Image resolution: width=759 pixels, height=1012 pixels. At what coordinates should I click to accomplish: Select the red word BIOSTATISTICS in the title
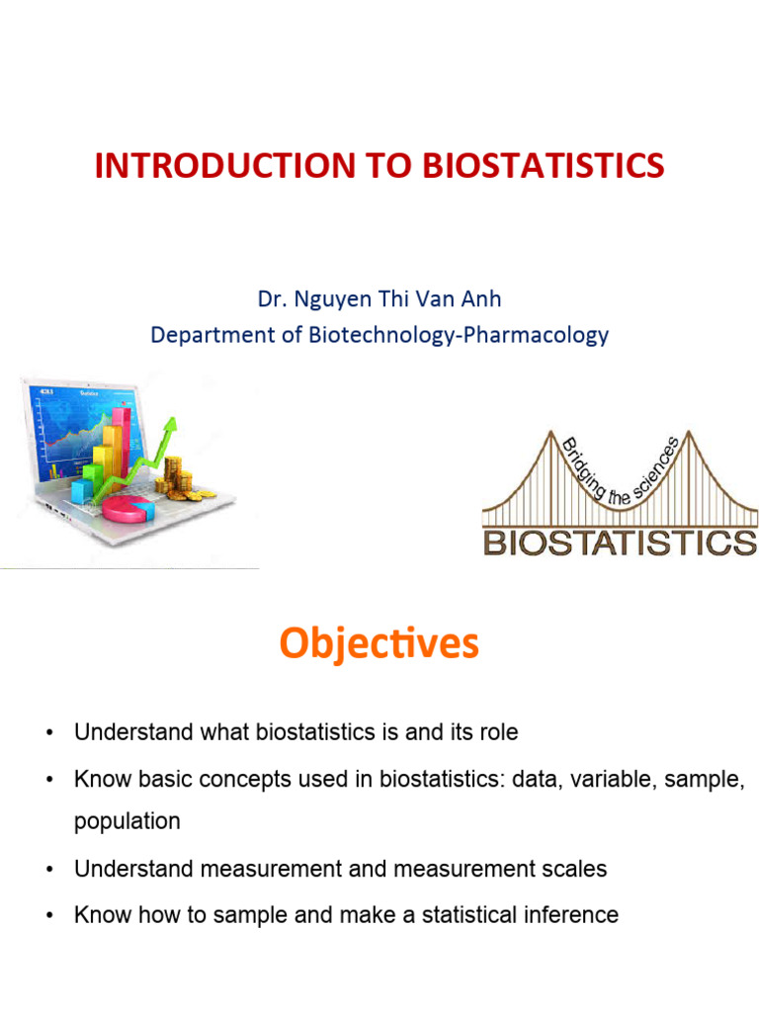pyautogui.click(x=543, y=166)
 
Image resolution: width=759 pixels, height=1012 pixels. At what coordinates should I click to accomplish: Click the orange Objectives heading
pyautogui.click(x=379, y=643)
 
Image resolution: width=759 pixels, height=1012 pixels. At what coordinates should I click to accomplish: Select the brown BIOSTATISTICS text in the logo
pyautogui.click(x=620, y=542)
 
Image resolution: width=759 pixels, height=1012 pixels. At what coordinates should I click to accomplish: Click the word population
pyautogui.click(x=127, y=821)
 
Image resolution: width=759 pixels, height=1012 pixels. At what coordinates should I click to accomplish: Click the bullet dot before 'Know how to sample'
pyautogui.click(x=48, y=915)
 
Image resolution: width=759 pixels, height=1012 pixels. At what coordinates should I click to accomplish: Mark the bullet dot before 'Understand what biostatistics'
pyautogui.click(x=48, y=733)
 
